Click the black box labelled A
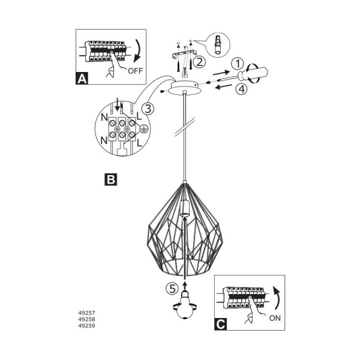(82, 79)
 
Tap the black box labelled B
(110, 179)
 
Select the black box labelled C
(221, 324)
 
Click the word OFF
(136, 71)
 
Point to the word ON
(275, 318)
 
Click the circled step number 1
(238, 64)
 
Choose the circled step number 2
(199, 62)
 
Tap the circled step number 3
(148, 109)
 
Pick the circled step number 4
(242, 89)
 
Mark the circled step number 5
(172, 289)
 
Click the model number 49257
(86, 313)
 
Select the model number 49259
(86, 326)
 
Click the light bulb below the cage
(185, 305)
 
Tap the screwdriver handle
(255, 73)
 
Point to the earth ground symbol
(143, 129)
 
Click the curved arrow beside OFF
(139, 51)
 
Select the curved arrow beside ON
(277, 298)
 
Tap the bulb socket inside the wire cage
(185, 208)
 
